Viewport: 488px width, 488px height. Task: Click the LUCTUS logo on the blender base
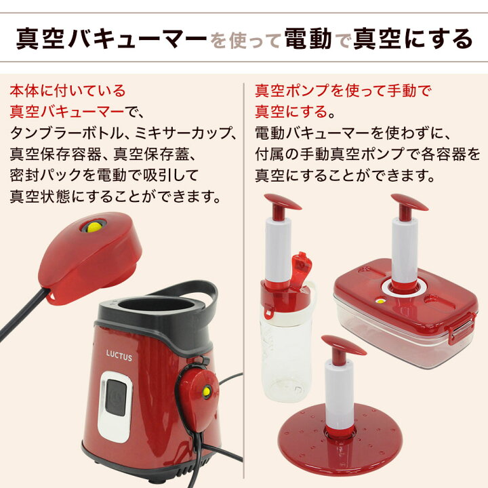119,355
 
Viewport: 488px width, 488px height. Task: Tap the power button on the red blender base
116,397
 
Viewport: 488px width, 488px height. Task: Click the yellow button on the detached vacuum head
93,227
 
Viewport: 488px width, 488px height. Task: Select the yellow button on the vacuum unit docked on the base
206,391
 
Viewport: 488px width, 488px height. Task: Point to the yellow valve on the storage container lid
380,301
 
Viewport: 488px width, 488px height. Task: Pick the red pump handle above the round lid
343,345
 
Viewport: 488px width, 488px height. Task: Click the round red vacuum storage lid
340,443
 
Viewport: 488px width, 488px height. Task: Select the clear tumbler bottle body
284,358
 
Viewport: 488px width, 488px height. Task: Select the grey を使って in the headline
246,41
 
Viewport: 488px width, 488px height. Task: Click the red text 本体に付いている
68,91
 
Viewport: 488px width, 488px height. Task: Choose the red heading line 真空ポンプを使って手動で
343,91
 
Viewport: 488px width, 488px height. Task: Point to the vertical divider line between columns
244,281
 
